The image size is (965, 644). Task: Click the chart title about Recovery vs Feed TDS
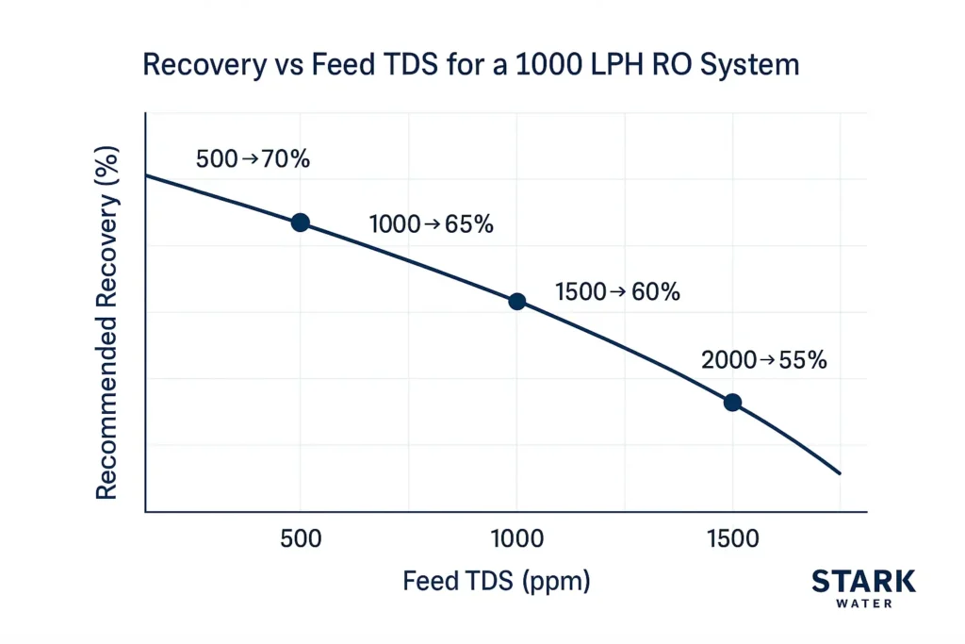(470, 65)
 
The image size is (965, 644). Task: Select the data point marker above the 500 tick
(300, 223)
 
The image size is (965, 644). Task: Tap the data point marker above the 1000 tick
(516, 302)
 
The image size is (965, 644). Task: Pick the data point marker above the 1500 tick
(732, 403)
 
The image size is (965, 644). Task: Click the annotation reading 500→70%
(253, 159)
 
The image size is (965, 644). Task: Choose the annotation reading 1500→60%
(617, 292)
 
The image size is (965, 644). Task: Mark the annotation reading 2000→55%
(763, 360)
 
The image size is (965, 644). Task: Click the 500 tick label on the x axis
(301, 539)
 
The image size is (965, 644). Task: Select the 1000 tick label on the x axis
(516, 539)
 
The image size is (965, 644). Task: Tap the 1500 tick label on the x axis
(732, 539)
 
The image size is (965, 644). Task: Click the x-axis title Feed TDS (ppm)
(497, 581)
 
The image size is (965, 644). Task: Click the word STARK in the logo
(863, 581)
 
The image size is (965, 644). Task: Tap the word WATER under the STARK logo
(863, 603)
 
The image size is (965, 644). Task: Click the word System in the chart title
(753, 65)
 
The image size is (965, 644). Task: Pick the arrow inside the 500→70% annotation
(250, 159)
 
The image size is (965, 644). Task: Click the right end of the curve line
(839, 473)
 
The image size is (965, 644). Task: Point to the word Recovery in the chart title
(194, 65)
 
